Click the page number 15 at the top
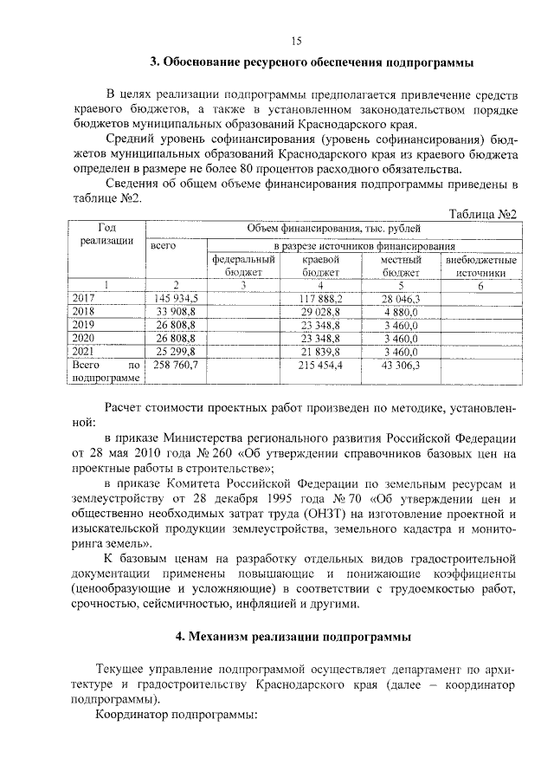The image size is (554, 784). [294, 42]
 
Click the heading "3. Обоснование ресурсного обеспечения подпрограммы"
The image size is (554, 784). [312, 62]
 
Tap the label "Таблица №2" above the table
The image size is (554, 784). [485, 214]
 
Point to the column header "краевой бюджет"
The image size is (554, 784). [320, 266]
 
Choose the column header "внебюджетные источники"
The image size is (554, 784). [480, 266]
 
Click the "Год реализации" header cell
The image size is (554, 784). [106, 234]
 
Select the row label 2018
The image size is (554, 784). [83, 310]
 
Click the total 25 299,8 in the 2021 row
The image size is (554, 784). [176, 351]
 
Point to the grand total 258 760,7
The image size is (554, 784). [176, 365]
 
